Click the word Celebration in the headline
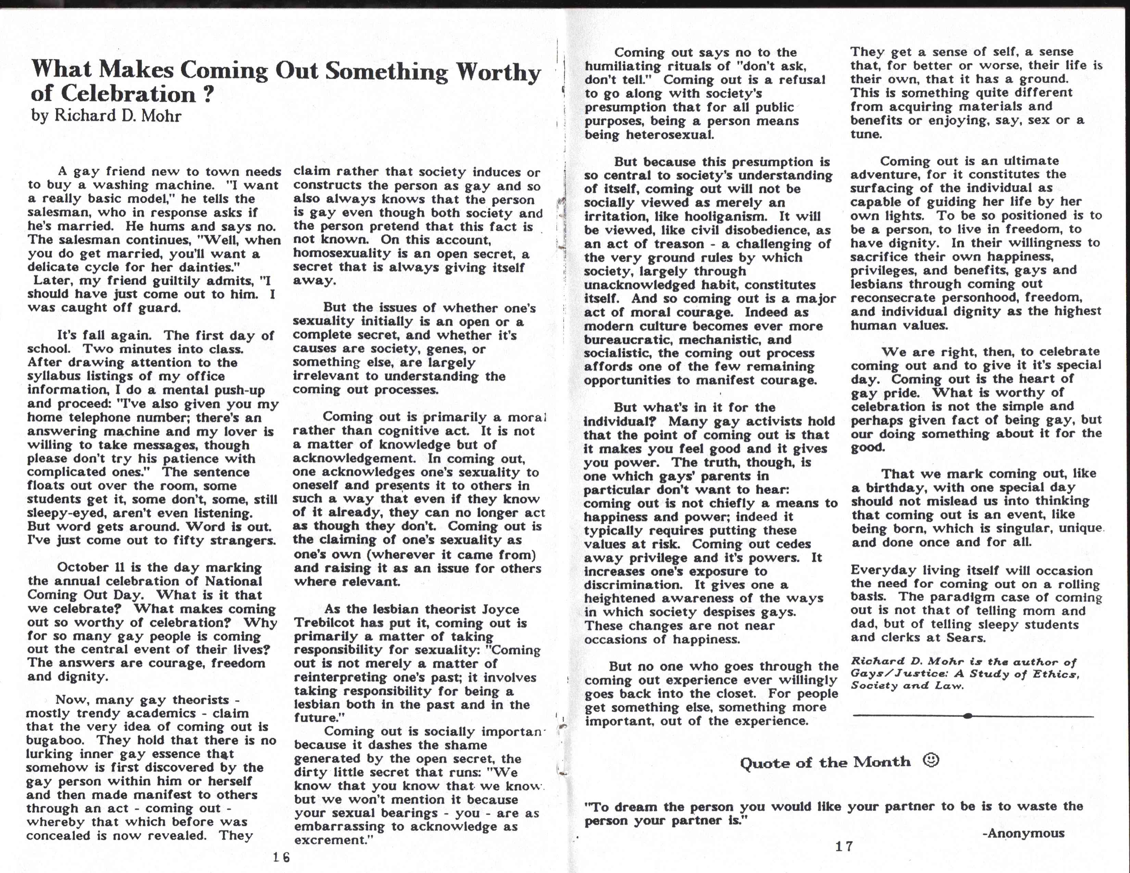[128, 93]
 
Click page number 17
[844, 846]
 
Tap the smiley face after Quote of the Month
[931, 760]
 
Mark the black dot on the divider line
[968, 716]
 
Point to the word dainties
[206, 267]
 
